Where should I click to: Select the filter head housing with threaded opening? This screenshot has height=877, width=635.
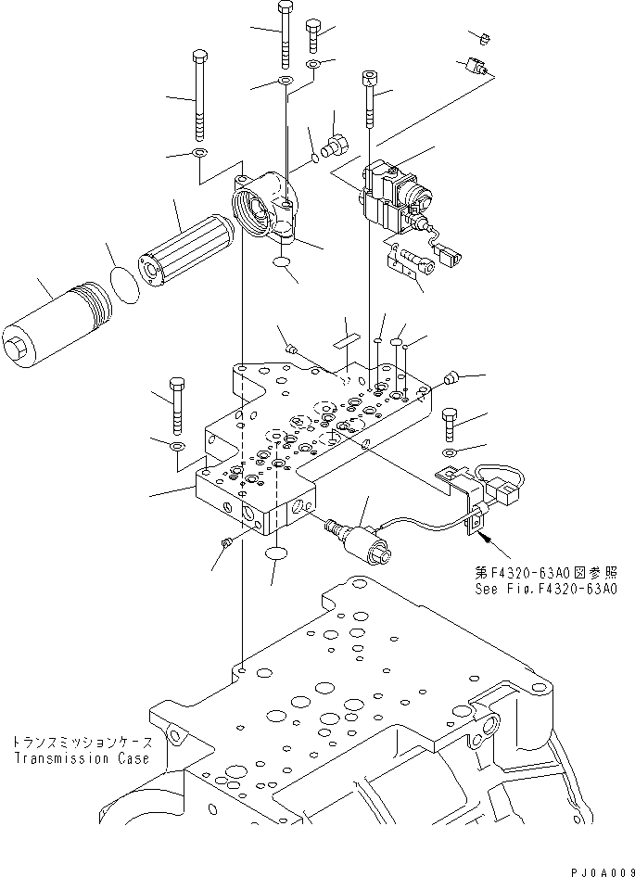[x=265, y=210]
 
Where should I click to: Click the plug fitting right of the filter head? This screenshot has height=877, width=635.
[x=335, y=146]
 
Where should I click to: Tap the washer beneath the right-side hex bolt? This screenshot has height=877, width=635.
[x=449, y=451]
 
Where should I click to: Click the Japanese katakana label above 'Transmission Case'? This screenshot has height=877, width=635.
[x=81, y=743]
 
